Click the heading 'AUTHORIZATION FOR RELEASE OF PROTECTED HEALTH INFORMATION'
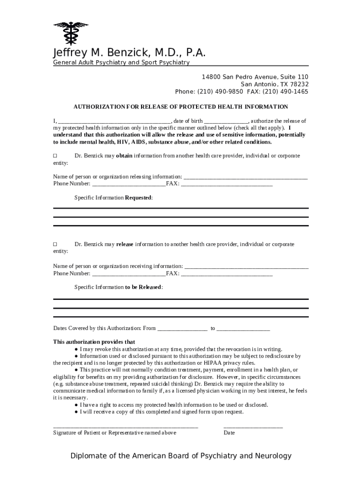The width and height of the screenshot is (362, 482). [181, 107]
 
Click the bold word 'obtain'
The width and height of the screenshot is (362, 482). [125, 156]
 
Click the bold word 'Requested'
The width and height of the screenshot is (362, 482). [138, 198]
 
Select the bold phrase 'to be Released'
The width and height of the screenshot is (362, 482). [143, 287]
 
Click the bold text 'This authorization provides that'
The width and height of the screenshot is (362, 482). [94, 342]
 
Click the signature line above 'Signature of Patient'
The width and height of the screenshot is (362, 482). [126, 426]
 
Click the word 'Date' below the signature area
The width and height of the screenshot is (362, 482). [229, 433]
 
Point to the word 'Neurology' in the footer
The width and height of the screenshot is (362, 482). [273, 456]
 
